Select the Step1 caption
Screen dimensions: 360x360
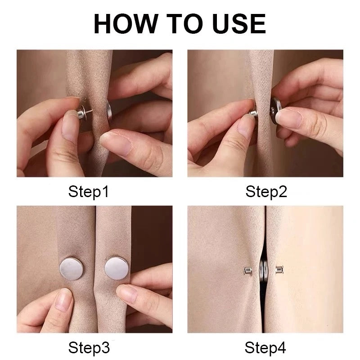(x=89, y=192)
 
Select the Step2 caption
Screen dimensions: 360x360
(x=266, y=192)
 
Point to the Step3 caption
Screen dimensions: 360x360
(x=89, y=347)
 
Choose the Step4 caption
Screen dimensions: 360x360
(x=266, y=347)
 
